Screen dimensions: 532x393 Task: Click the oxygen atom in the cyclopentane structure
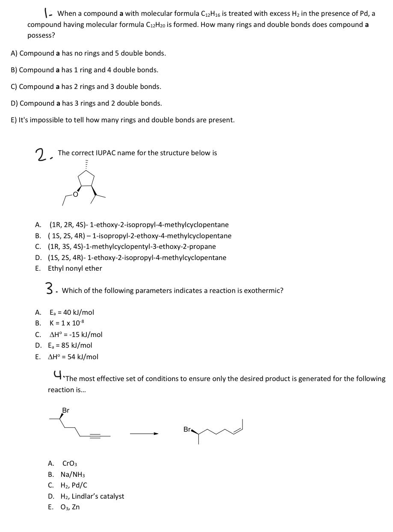[x=75, y=195]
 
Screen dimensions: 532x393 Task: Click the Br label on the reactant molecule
[x=65, y=410]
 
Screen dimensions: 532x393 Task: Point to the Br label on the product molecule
[x=187, y=429]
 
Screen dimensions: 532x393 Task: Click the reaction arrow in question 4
[x=144, y=434]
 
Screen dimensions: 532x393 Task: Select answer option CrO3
[x=70, y=464]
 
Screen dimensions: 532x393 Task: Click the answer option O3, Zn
[x=71, y=507]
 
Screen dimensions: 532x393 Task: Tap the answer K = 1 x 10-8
[x=64, y=323]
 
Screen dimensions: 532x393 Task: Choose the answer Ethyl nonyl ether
[x=75, y=268]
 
